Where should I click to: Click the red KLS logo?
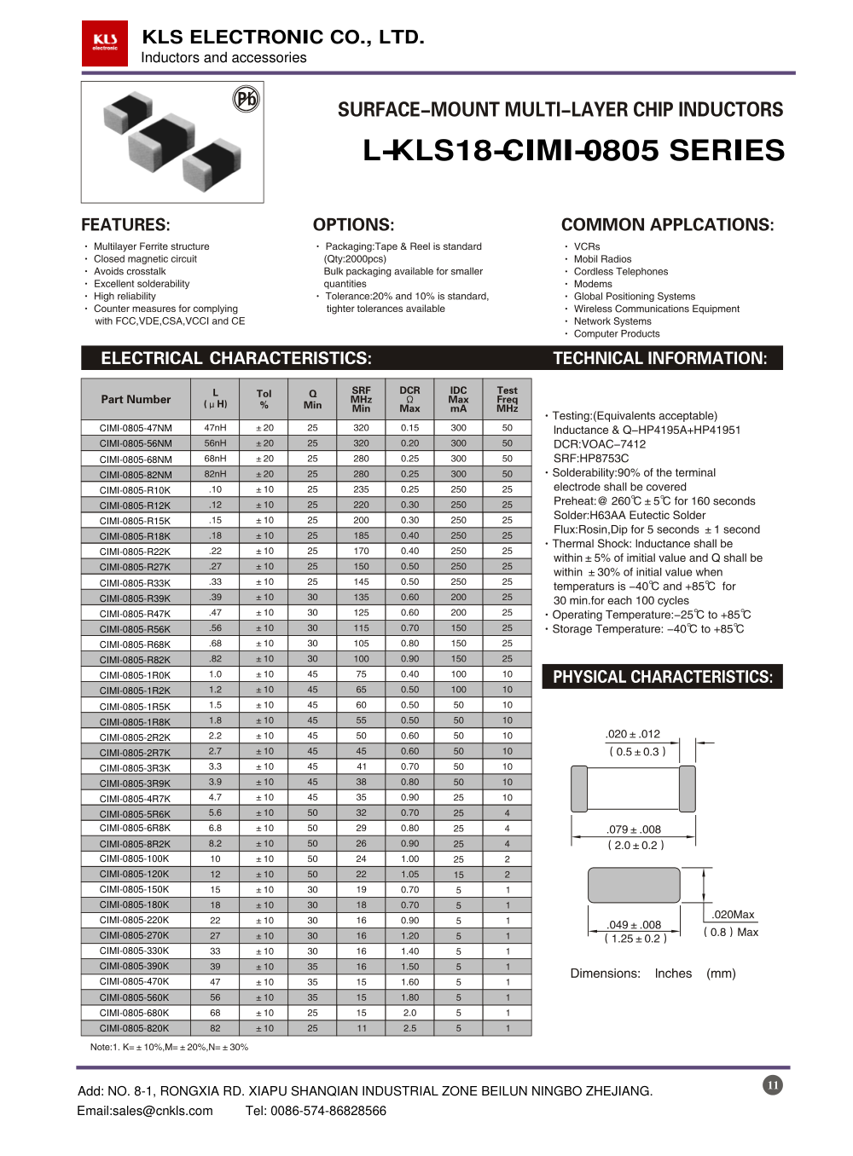coord(105,43)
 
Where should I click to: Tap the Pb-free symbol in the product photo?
coord(246,100)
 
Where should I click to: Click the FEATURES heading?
coord(125,225)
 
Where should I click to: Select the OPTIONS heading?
coord(353,225)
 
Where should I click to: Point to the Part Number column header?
coord(136,399)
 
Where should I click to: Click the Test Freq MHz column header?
coord(507,399)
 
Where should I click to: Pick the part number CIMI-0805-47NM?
coord(136,428)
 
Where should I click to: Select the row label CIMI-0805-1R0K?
coord(135,675)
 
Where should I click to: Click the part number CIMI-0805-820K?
coord(135,1028)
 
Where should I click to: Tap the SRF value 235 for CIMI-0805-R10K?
coord(361,490)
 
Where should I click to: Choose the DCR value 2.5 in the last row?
coord(409,1028)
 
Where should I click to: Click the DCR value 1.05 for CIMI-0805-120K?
coord(409,875)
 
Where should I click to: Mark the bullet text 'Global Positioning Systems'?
coord(634,297)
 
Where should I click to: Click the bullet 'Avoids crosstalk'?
coord(130,271)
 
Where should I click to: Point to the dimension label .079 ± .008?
coord(634,829)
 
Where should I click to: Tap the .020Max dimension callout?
coord(734,915)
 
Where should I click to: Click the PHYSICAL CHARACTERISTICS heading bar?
coord(663,677)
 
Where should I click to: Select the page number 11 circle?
coord(773,1085)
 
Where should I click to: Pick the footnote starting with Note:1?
coord(169,1047)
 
